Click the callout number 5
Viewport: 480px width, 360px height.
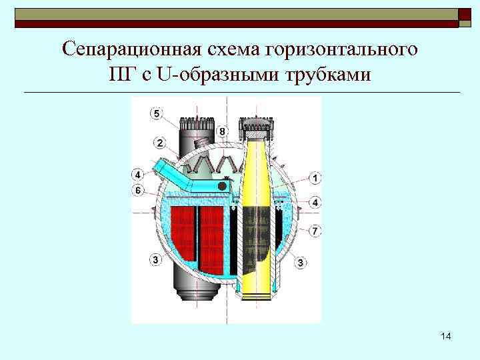point(156,114)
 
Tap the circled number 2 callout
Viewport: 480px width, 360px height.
point(161,143)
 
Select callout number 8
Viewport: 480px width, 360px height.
point(222,131)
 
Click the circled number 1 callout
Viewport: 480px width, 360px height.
point(315,178)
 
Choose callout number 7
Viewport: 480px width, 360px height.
point(315,231)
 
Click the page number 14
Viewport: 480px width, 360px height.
point(446,337)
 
